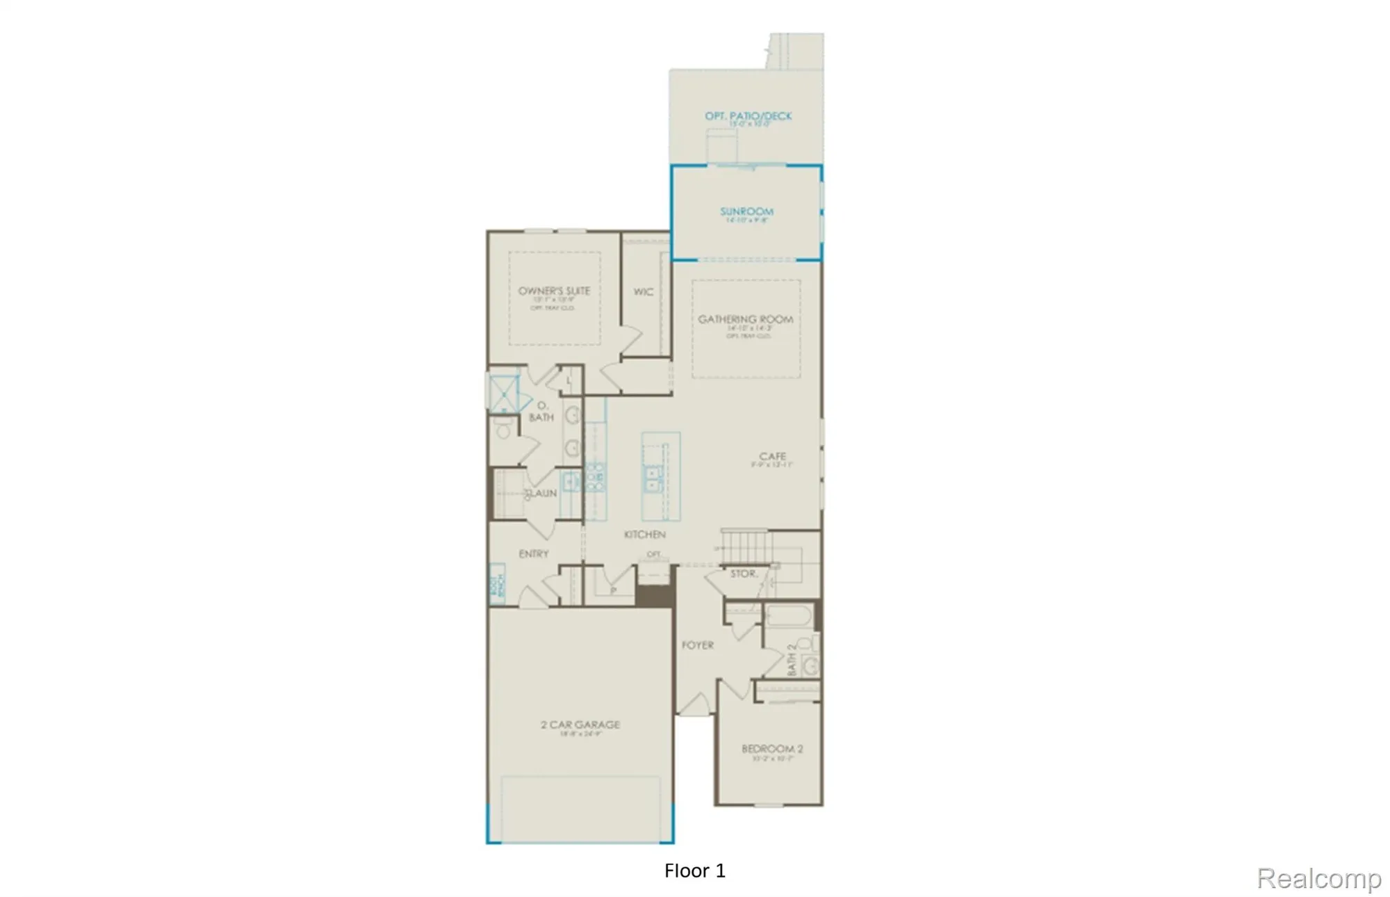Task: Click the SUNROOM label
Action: click(746, 211)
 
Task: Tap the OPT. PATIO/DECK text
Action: click(748, 116)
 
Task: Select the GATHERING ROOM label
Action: click(746, 319)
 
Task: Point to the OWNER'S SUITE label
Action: click(554, 291)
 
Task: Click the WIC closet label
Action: click(643, 292)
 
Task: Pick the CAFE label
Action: click(772, 456)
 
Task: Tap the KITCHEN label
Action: click(645, 534)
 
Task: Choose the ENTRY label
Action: click(534, 553)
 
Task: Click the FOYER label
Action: click(697, 645)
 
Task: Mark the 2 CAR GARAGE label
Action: click(580, 725)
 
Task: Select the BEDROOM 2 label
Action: click(772, 749)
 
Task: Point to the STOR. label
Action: click(743, 574)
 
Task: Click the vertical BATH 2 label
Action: click(792, 659)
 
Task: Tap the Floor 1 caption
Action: click(694, 871)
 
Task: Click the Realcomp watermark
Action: click(1318, 878)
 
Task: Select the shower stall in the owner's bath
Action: click(504, 394)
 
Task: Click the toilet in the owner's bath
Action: click(503, 430)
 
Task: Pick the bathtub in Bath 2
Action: click(787, 616)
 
